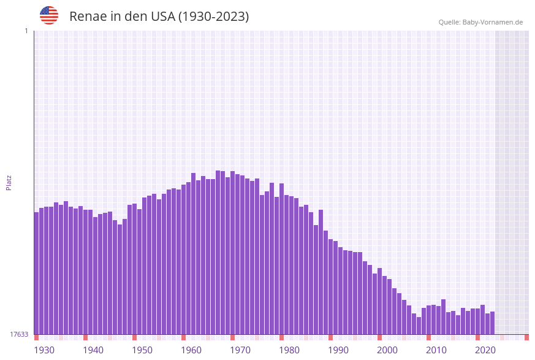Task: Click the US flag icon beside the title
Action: coord(49,15)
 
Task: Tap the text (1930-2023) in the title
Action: coord(213,17)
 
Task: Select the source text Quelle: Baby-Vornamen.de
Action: coord(480,22)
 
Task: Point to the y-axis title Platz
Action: coord(9,182)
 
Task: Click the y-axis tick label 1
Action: coord(26,31)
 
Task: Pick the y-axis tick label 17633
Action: coord(19,334)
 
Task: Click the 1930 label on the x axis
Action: coord(44,350)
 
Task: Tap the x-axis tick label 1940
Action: coord(93,350)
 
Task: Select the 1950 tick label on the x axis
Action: coord(142,350)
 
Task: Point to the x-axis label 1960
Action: coord(191,350)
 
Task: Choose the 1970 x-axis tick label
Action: coord(240,350)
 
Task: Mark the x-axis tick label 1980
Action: coord(289,350)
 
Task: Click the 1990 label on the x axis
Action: coord(338,350)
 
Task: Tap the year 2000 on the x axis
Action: coord(387,350)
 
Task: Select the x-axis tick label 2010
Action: coord(436,350)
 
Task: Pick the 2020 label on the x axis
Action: coord(485,350)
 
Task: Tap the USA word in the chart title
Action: coord(162,17)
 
